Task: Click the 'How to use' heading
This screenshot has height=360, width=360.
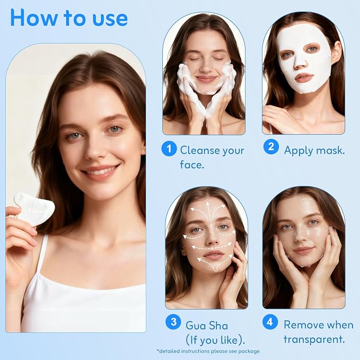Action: [x=69, y=18]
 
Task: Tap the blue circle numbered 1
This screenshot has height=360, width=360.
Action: [x=169, y=149]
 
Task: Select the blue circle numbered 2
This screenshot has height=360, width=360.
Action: [x=271, y=147]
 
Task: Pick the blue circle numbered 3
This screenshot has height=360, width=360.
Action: [x=173, y=322]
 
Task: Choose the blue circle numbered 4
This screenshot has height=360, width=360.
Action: [x=270, y=322]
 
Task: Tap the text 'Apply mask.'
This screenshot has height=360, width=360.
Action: [x=314, y=151]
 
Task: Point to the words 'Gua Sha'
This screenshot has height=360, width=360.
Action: [x=207, y=326]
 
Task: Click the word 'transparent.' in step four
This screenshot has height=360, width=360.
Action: [x=314, y=339]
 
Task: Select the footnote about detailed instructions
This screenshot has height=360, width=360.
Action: [x=208, y=352]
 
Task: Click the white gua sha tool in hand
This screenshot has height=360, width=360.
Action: [x=34, y=208]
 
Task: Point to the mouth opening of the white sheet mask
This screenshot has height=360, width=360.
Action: [x=304, y=78]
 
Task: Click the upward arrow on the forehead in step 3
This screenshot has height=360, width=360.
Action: [x=208, y=210]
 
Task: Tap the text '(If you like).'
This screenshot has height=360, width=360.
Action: [x=215, y=340]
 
